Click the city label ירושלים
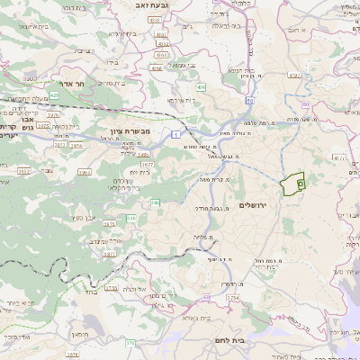coord(256,206)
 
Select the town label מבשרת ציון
coord(128,132)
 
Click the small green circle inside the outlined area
coord(299,184)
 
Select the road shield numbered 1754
coord(232,297)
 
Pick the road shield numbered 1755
coord(111,288)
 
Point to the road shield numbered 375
coord(130,342)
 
